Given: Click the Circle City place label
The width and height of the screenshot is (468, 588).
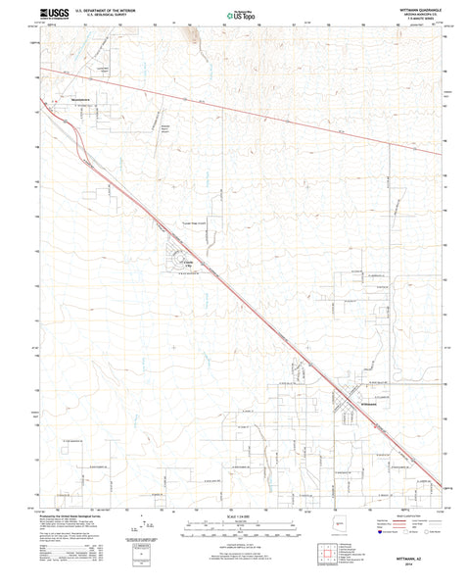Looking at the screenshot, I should tap(189, 263).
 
